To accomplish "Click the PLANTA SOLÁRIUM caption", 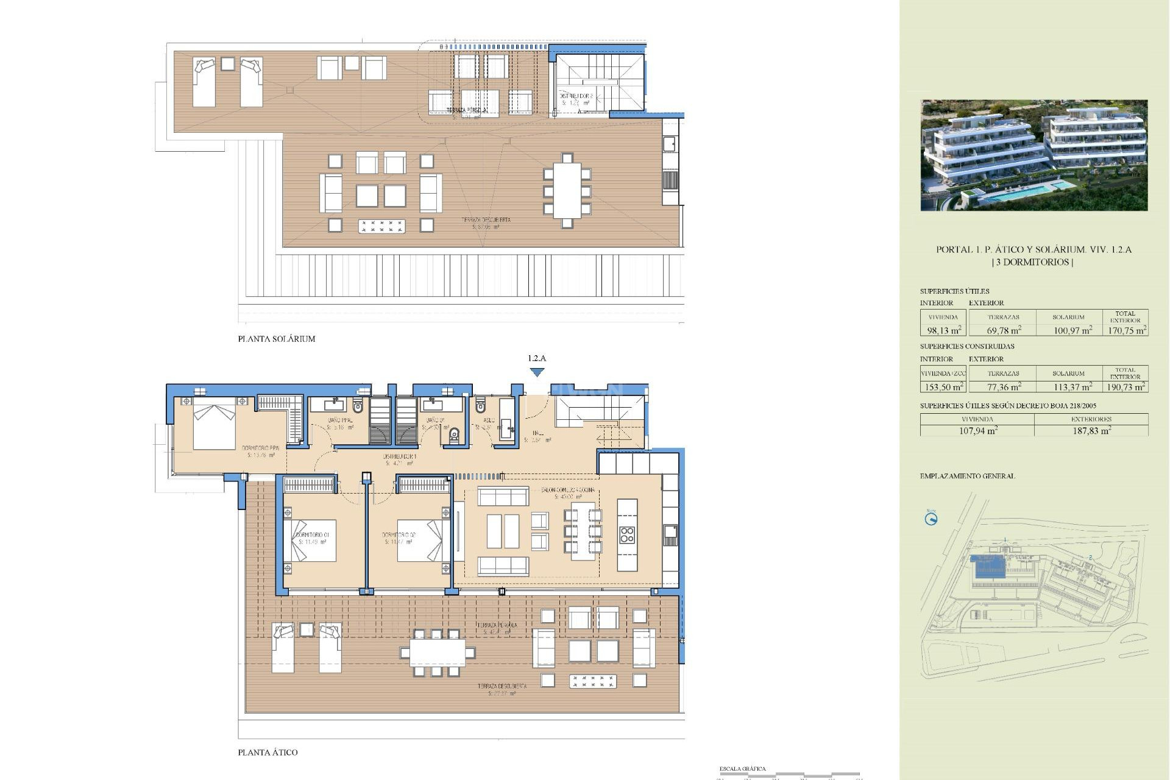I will point(276,339).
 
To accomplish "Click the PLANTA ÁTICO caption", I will point(268,753).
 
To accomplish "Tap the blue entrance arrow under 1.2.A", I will point(537,372).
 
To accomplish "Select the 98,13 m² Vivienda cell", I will point(943,330).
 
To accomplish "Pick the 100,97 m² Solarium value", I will point(1072,330).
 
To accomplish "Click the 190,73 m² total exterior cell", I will point(1126,387).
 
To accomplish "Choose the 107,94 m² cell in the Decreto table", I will point(977,431).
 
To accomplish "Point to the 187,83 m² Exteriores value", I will point(1091,431).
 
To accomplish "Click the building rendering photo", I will point(1033,155).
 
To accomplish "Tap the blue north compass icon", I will point(931,519).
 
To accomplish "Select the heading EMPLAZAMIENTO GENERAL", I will point(967,476).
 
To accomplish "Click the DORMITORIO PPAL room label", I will point(260,448).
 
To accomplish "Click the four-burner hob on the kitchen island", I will point(627,535).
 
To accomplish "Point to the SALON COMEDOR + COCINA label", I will point(567,490).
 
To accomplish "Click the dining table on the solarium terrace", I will point(567,191).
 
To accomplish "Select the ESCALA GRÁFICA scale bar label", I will point(742,769).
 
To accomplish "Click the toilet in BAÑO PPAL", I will point(358,405).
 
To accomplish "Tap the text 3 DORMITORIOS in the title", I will point(1033,262).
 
